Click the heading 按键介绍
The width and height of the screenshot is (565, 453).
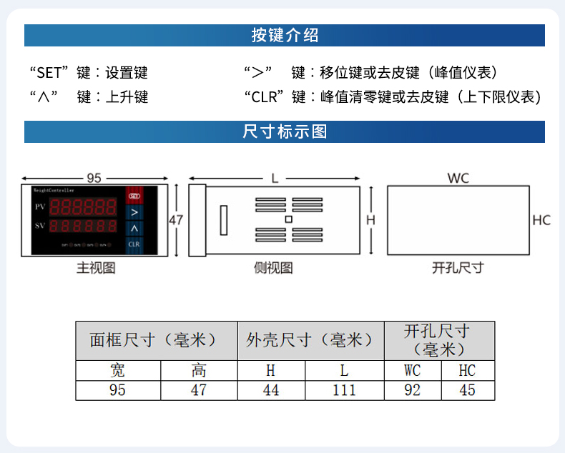click(x=284, y=36)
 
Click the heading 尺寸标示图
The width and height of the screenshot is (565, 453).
click(x=284, y=131)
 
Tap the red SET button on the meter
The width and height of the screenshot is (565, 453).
click(x=134, y=195)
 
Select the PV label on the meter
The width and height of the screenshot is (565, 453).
click(x=40, y=206)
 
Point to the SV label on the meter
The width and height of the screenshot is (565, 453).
click(x=40, y=226)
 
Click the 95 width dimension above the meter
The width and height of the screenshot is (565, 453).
click(x=94, y=177)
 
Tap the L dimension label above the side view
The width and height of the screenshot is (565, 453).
click(x=275, y=178)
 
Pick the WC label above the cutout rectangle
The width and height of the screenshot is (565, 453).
click(x=458, y=178)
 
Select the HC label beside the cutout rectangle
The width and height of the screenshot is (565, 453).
click(x=541, y=220)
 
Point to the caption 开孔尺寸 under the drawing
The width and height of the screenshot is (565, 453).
click(x=458, y=268)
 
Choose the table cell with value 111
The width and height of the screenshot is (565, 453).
click(x=344, y=390)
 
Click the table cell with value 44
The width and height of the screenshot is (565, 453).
click(x=271, y=390)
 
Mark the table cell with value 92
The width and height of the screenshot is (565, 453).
click(x=413, y=390)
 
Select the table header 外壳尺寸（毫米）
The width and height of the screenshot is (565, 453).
click(x=310, y=340)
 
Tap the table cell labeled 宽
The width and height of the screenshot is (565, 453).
click(x=118, y=370)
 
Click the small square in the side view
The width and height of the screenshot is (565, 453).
click(x=288, y=219)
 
